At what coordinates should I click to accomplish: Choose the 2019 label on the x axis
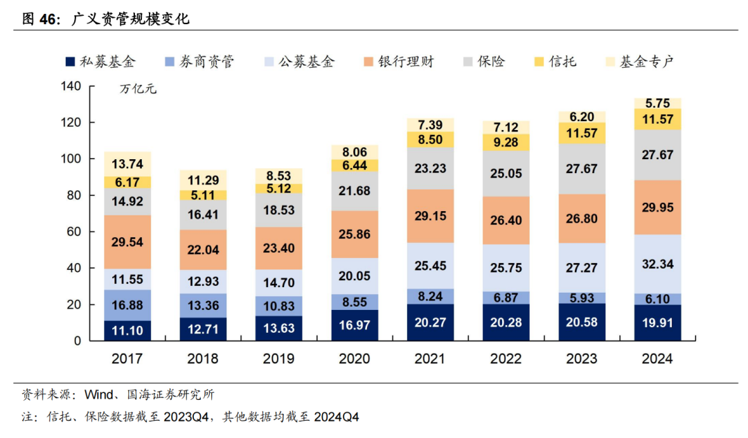pyautogui.click(x=278, y=358)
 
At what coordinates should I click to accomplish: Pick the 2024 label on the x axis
pyautogui.click(x=657, y=358)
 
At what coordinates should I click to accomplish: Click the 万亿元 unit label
pyautogui.click(x=138, y=89)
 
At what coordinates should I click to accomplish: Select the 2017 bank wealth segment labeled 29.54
pyautogui.click(x=127, y=241)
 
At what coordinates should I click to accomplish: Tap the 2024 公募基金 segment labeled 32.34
pyautogui.click(x=657, y=264)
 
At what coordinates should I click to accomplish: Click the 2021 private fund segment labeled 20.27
pyautogui.click(x=429, y=322)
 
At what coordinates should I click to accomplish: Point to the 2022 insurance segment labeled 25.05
pyautogui.click(x=506, y=173)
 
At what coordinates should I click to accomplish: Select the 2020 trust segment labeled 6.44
pyautogui.click(x=354, y=165)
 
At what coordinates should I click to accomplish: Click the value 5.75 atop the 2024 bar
pyautogui.click(x=657, y=103)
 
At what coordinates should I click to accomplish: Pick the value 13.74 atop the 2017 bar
pyautogui.click(x=127, y=164)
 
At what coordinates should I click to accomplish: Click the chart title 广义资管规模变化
pyautogui.click(x=131, y=19)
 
